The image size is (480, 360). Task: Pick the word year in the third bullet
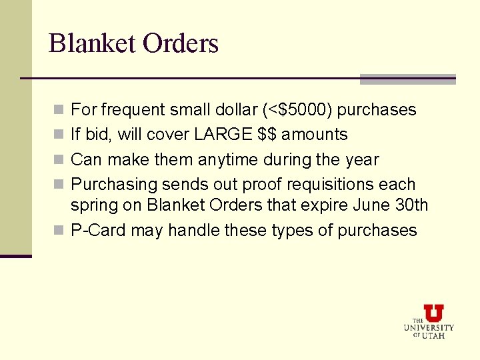click(361, 160)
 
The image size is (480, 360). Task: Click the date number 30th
click(411, 205)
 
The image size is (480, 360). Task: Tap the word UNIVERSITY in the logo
click(429, 327)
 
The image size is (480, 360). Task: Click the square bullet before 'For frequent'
click(59, 110)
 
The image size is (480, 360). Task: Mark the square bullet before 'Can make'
click(59, 161)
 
